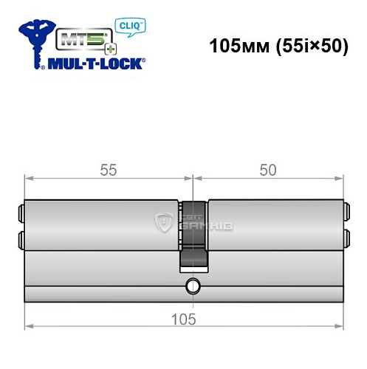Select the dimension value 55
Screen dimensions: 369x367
click(x=108, y=169)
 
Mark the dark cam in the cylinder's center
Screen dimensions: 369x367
click(x=193, y=236)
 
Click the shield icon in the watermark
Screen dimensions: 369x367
click(x=162, y=221)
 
